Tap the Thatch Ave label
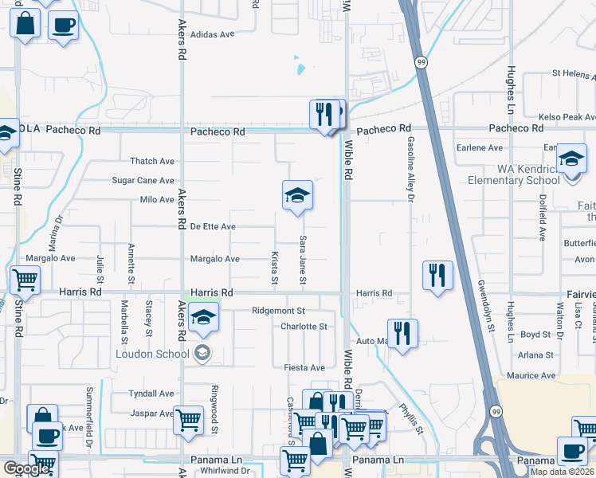[152, 161]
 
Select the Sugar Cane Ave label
[143, 181]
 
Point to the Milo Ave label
[156, 200]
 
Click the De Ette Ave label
[213, 227]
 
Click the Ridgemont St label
[278, 311]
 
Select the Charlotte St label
[304, 327]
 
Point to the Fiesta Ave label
[304, 368]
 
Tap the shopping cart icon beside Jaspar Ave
[188, 420]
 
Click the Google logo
[26, 468]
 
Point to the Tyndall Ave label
[151, 394]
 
